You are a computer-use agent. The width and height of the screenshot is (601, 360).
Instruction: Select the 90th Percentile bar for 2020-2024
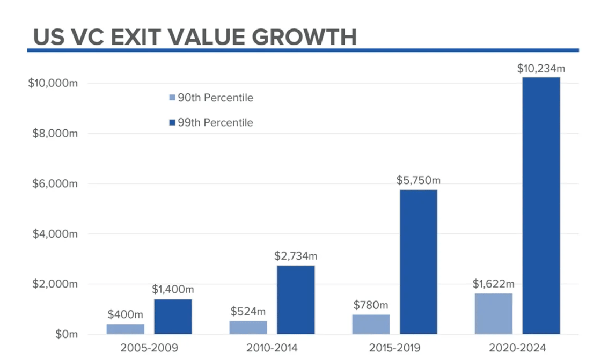click(x=494, y=314)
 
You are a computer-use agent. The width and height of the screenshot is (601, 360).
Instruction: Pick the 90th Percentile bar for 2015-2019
click(x=371, y=324)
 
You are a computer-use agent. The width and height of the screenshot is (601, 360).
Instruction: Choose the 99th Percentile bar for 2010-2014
click(x=296, y=300)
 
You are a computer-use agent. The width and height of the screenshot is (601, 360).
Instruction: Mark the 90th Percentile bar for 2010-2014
click(x=248, y=327)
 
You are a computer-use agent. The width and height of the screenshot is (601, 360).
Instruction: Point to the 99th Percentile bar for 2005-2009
click(x=173, y=317)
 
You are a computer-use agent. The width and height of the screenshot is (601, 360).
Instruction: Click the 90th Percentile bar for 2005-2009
click(x=125, y=329)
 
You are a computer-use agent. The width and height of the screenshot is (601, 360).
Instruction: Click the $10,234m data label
click(x=541, y=69)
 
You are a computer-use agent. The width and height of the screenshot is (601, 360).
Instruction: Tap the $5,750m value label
click(x=418, y=181)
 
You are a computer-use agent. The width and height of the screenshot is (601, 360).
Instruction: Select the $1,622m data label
click(x=494, y=284)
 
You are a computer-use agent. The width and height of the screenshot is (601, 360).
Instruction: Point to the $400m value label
click(x=125, y=314)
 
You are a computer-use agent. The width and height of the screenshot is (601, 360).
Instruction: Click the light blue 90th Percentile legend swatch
click(x=172, y=98)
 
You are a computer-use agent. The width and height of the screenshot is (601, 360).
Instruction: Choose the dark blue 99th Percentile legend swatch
click(x=172, y=123)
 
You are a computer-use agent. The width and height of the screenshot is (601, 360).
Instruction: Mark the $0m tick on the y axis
click(x=66, y=334)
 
